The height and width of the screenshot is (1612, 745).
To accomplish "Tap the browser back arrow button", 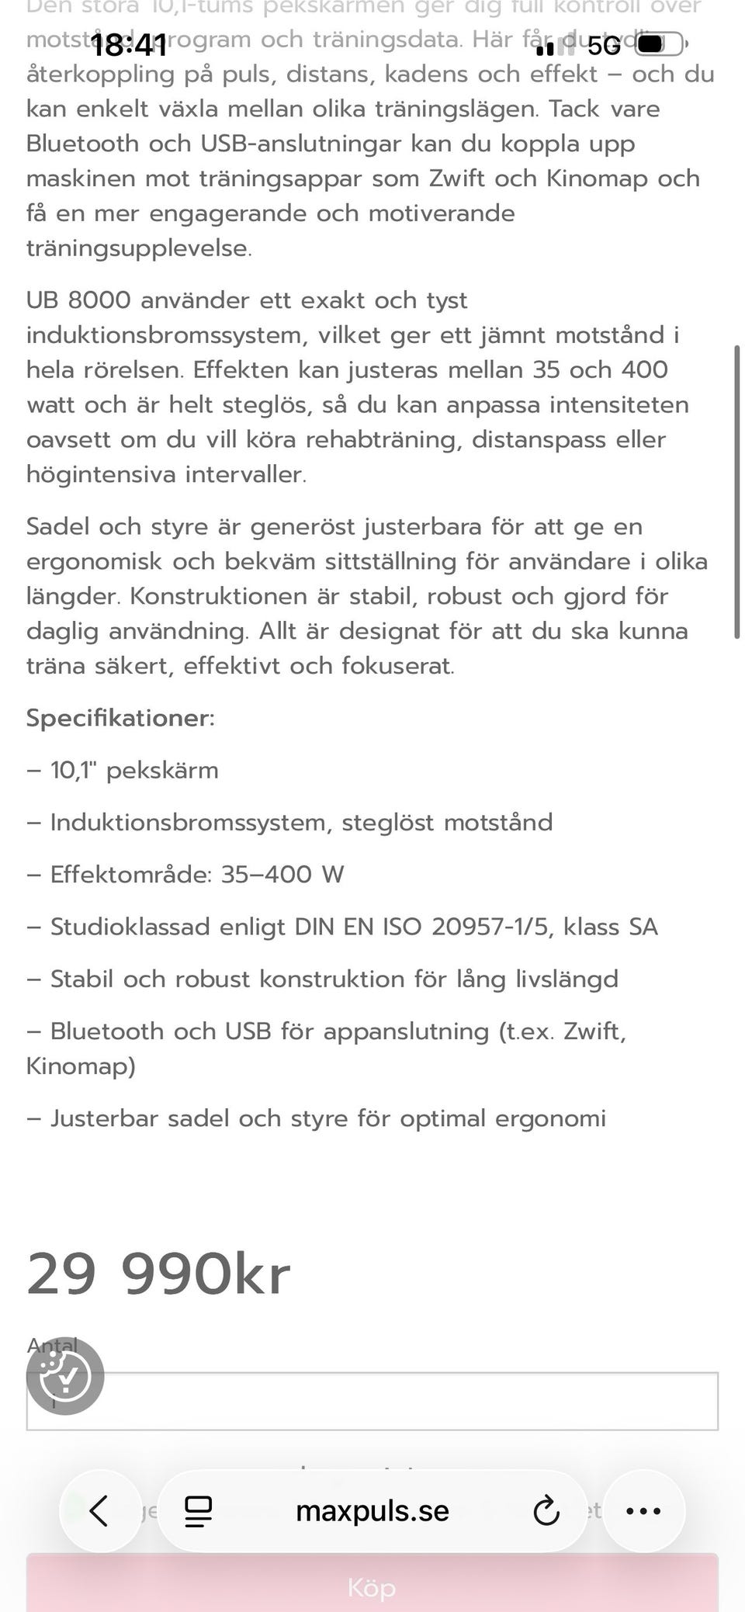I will click(x=99, y=1510).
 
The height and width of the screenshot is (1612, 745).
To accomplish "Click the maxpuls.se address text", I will click(x=372, y=1510).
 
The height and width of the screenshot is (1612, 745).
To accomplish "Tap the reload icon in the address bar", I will click(x=546, y=1510).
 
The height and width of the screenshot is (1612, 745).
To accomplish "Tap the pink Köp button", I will click(x=372, y=1586).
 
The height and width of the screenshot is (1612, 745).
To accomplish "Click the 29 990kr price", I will click(x=158, y=1274).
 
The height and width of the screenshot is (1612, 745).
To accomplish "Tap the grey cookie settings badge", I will click(x=65, y=1376).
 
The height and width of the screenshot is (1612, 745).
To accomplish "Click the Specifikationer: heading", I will click(x=120, y=718).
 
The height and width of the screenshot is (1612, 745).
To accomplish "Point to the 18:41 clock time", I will click(x=129, y=46).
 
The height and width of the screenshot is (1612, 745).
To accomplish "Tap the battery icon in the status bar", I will click(x=660, y=45).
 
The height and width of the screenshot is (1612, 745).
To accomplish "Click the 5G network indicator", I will click(x=605, y=46).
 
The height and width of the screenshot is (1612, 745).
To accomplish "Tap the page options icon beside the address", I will click(x=198, y=1510).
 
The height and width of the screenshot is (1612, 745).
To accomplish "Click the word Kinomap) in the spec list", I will click(x=81, y=1066).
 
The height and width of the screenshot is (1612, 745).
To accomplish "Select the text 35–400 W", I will click(x=282, y=875).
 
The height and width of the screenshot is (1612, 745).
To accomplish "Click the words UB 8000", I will click(x=78, y=300).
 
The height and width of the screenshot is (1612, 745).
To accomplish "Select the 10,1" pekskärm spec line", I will click(x=134, y=771).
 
